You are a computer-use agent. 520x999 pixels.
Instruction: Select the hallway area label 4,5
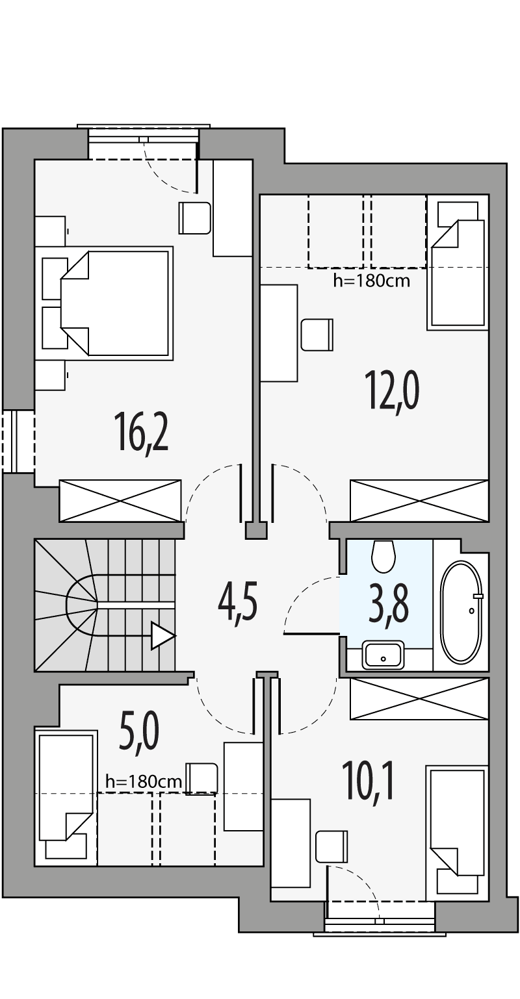click(x=238, y=603)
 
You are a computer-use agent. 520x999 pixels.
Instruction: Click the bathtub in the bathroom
click(x=461, y=611)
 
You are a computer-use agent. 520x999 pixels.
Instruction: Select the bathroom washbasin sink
click(x=383, y=655)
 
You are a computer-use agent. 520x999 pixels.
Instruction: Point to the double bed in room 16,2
click(x=117, y=303)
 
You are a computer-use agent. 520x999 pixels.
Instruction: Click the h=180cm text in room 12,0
click(x=370, y=281)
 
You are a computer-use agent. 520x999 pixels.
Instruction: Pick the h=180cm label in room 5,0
click(x=144, y=782)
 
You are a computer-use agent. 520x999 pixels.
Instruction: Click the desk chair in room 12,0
click(x=317, y=335)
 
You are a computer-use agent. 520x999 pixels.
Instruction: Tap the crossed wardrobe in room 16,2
click(x=120, y=500)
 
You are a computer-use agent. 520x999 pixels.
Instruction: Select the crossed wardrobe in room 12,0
click(x=419, y=500)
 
